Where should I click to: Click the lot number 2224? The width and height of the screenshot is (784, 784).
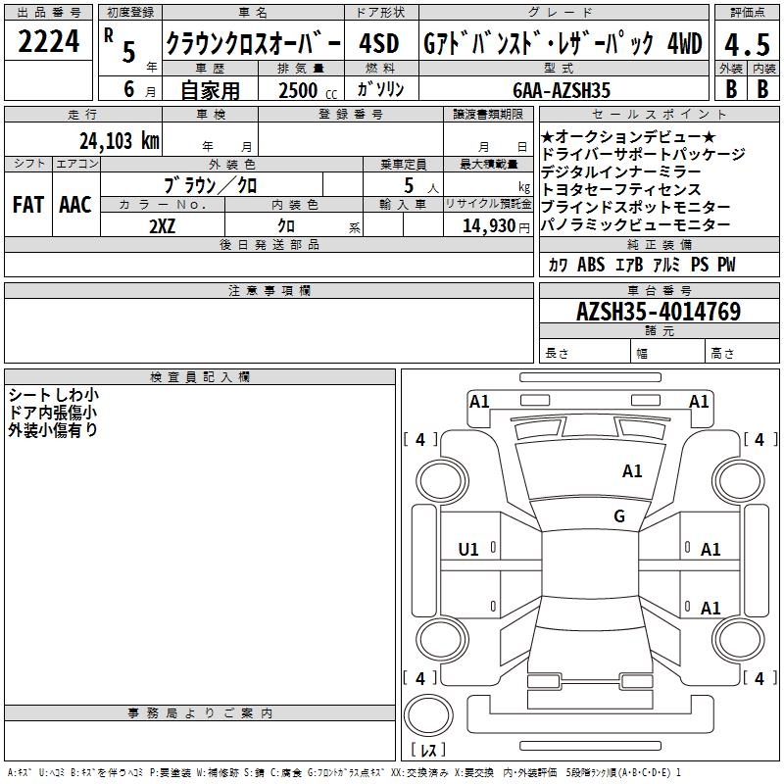(x=48, y=41)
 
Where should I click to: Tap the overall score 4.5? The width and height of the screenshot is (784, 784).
(x=747, y=44)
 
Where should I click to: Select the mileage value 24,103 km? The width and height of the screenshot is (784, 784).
(x=120, y=141)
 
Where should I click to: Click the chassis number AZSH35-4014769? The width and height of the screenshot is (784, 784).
(x=659, y=312)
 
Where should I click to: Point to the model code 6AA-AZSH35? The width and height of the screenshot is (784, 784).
(x=562, y=90)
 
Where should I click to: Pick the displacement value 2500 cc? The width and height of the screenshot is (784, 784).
(x=308, y=90)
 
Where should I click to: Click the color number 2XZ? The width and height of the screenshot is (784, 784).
(x=162, y=226)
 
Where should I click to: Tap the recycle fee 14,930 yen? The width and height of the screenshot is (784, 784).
(x=496, y=226)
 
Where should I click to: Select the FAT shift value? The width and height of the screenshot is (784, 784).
(x=28, y=205)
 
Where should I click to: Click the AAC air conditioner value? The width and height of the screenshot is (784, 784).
(x=75, y=205)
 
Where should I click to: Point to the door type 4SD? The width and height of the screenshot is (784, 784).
(x=379, y=43)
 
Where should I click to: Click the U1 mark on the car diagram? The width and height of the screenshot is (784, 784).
(x=468, y=550)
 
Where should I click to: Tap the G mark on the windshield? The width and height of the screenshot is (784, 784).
(x=619, y=515)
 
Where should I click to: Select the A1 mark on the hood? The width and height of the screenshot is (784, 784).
(x=632, y=470)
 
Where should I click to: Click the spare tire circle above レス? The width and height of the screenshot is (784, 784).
(x=428, y=715)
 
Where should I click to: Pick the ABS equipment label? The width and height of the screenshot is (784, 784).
(x=591, y=265)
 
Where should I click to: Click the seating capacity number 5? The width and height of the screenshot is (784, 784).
(x=409, y=185)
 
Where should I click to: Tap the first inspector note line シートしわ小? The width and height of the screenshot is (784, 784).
(x=54, y=395)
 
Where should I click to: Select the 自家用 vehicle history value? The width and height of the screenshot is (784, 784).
(x=210, y=90)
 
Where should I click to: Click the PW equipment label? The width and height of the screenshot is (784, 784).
(x=726, y=265)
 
